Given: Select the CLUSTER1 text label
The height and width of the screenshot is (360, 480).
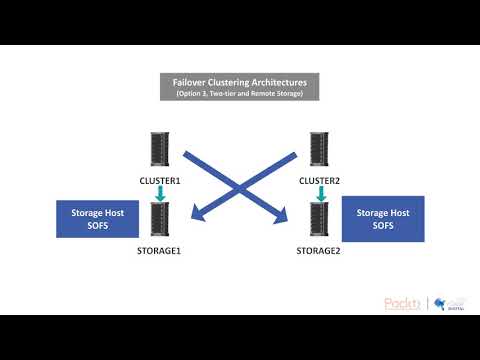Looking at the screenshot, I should [x=159, y=181].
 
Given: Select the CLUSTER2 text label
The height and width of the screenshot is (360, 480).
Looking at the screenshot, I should [x=321, y=181].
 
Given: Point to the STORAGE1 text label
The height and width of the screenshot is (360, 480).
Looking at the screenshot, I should [x=159, y=251].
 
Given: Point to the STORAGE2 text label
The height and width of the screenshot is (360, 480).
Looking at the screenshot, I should [x=321, y=251].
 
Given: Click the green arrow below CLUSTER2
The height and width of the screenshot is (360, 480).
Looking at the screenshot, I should [x=321, y=194].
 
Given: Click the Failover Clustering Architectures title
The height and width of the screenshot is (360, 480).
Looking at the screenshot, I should [x=239, y=82].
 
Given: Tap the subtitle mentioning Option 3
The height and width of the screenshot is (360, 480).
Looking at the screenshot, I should [x=239, y=93].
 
